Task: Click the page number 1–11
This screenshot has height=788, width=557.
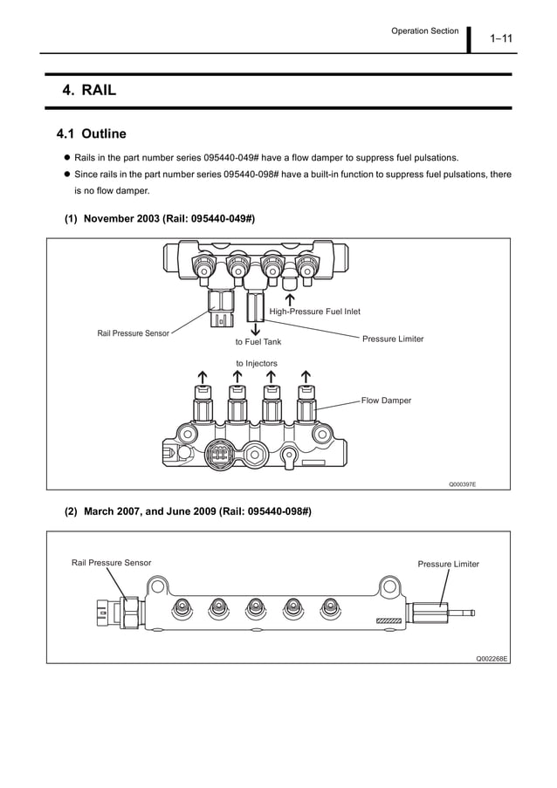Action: click(x=501, y=38)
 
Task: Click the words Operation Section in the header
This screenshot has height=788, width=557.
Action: click(x=424, y=31)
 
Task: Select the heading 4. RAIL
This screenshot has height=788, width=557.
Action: click(x=89, y=91)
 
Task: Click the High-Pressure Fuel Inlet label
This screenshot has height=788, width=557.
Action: click(x=314, y=312)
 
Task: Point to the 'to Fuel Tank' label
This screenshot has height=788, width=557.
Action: click(x=258, y=342)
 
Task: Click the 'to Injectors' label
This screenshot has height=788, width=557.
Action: click(x=257, y=363)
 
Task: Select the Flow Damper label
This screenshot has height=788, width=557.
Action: click(x=385, y=401)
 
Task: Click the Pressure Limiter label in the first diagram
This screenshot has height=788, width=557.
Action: click(x=393, y=339)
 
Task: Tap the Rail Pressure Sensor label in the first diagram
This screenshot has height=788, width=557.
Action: click(x=133, y=333)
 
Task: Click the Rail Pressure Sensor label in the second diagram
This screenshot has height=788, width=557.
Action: click(x=111, y=563)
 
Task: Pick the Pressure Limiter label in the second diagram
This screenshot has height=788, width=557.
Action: click(x=448, y=564)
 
